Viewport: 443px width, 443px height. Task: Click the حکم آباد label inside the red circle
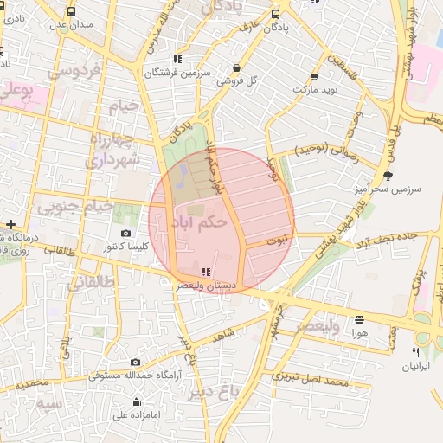(199, 223)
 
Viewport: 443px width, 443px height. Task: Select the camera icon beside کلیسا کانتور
(126, 234)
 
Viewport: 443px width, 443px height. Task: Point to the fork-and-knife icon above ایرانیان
(416, 352)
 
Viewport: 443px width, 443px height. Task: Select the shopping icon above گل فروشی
(236, 67)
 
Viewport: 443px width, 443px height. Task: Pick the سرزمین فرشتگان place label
(177, 74)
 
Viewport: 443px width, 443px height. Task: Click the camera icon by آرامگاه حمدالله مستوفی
(135, 362)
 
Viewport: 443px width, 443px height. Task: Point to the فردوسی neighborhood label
(74, 70)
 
